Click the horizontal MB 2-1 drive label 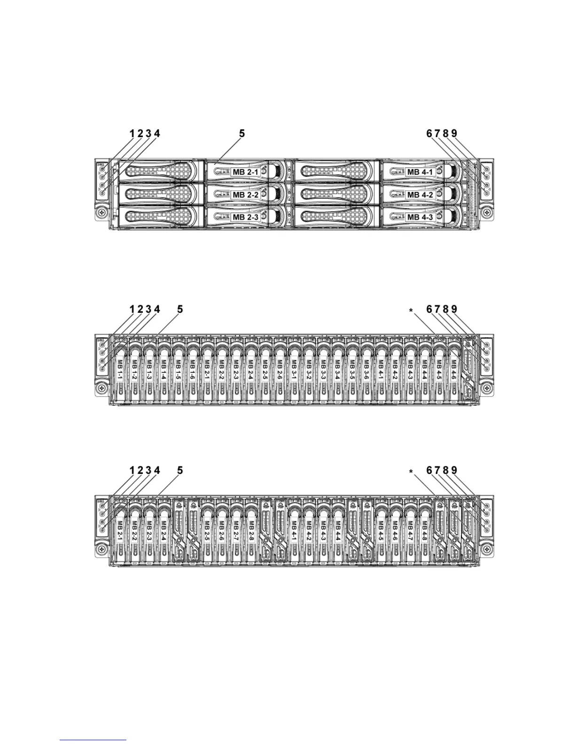click(245, 172)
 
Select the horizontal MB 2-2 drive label click(245, 194)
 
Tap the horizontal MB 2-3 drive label click(245, 217)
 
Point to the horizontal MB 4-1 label click(420, 172)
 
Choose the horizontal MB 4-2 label click(420, 194)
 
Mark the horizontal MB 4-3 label click(420, 217)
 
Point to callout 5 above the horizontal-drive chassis click(242, 133)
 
